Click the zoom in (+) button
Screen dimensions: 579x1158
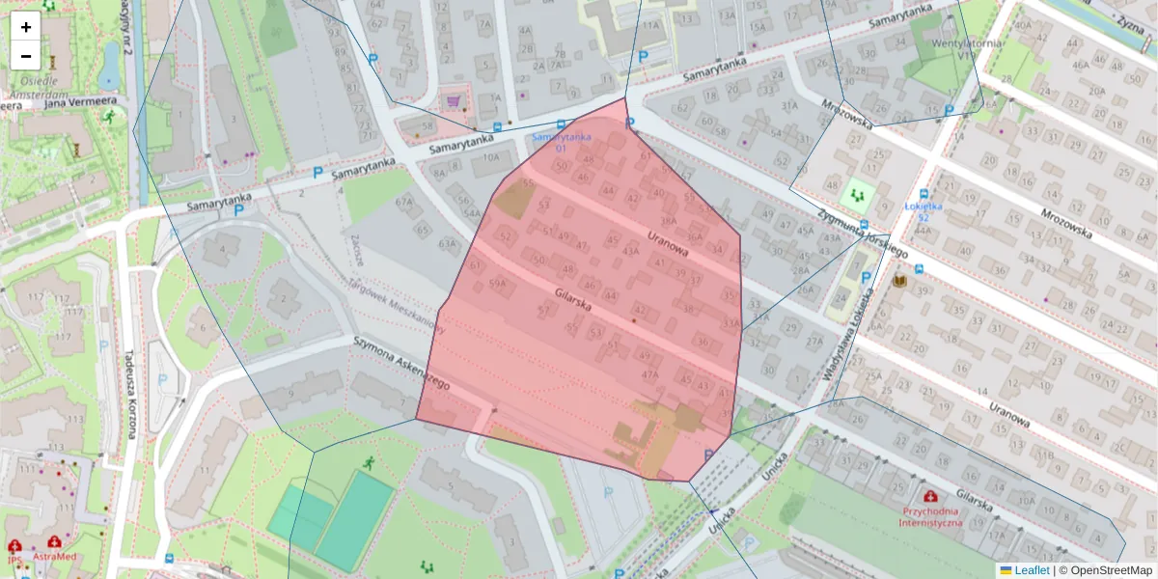(x=26, y=26)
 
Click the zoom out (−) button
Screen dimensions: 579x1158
(x=26, y=55)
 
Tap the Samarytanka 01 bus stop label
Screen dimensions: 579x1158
(x=561, y=142)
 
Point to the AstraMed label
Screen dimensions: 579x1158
(x=54, y=557)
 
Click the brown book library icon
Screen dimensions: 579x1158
(x=899, y=280)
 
